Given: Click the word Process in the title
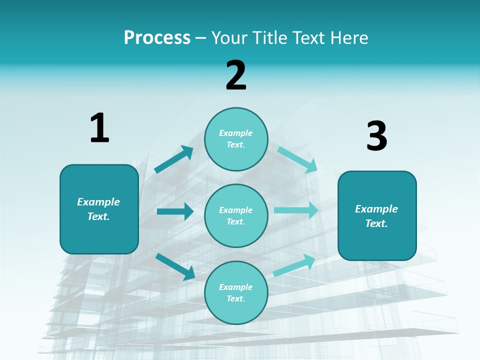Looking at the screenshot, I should [157, 38].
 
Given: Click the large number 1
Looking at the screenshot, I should [99, 128].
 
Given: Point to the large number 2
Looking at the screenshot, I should [236, 75].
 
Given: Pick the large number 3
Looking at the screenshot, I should [377, 136].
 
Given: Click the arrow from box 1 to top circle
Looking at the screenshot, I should [173, 160].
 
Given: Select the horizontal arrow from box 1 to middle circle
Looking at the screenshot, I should [175, 211].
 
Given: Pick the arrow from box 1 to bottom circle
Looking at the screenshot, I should [175, 266].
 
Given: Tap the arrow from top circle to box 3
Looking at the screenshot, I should [297, 160].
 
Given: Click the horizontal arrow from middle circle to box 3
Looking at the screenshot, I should [296, 210].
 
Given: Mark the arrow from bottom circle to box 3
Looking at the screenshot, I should [294, 265].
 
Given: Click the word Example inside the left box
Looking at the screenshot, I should [98, 202].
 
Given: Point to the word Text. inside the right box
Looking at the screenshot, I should [376, 223].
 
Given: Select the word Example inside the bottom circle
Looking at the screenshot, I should [236, 287].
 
